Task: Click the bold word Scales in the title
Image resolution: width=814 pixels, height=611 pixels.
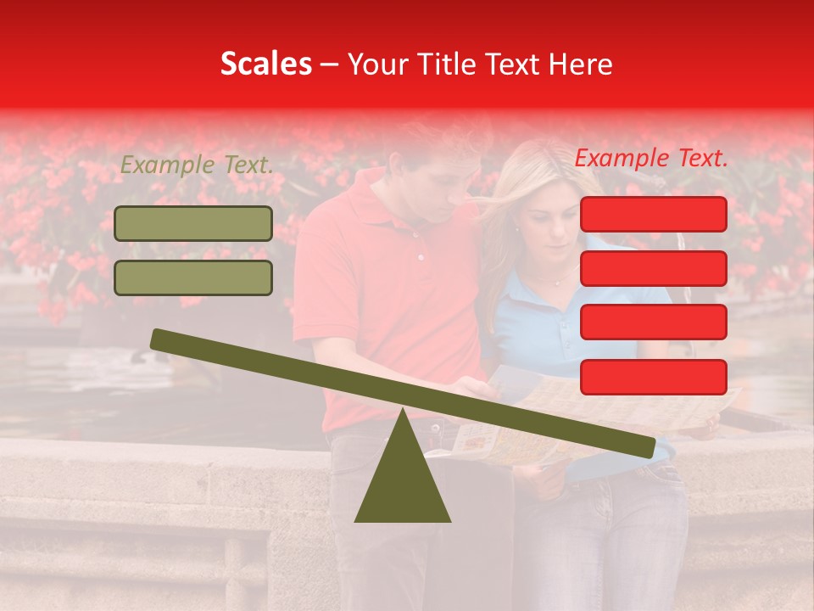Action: coord(266,64)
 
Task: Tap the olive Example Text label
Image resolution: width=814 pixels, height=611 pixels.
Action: coord(197,165)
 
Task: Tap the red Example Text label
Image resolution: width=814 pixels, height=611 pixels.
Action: coord(651,158)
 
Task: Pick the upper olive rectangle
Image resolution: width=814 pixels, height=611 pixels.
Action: coord(193,223)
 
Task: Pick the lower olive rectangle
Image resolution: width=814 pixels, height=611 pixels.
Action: coord(193,277)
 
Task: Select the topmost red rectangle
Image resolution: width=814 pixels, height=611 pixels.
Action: coord(653,214)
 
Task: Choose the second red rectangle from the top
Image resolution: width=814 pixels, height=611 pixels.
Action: coord(653,268)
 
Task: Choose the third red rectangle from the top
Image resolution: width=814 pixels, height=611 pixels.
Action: coord(653,322)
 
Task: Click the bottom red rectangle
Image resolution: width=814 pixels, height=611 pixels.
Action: coord(653,377)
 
